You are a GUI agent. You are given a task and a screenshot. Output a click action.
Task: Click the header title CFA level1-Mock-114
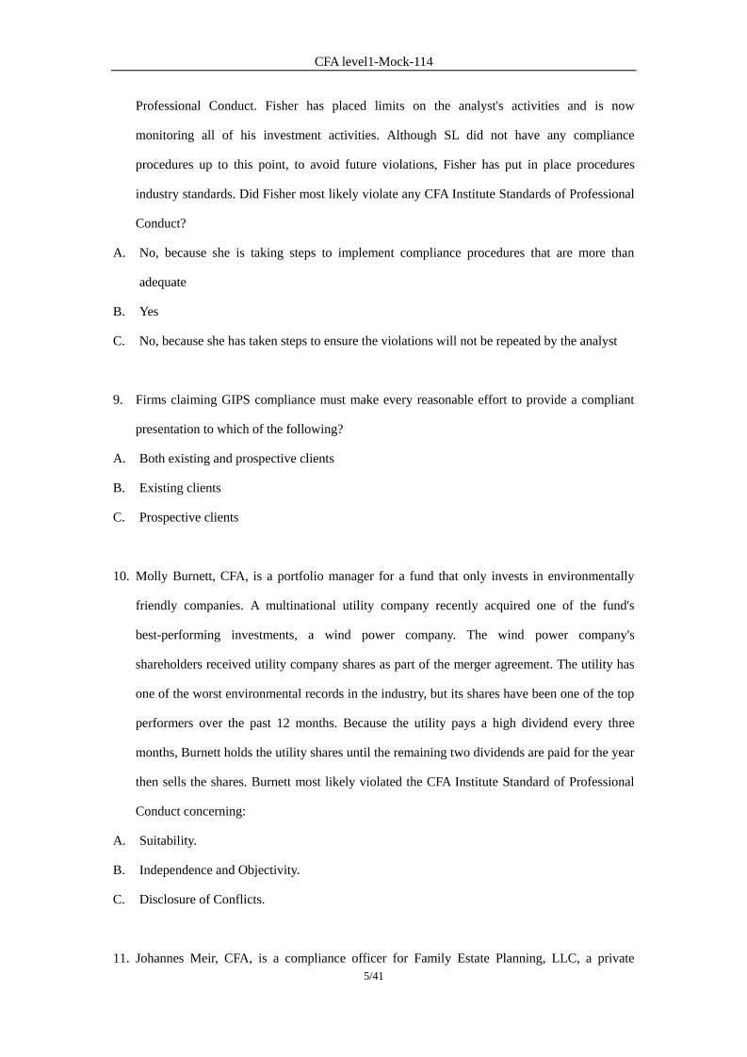point(373,61)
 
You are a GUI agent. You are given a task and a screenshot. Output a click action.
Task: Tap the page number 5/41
point(373,977)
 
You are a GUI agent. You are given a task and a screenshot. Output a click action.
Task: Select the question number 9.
point(118,399)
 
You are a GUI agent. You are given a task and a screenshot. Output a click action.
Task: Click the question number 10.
point(121,576)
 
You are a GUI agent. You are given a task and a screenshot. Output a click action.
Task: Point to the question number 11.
point(121,959)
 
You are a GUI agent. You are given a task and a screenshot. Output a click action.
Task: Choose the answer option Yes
point(149,311)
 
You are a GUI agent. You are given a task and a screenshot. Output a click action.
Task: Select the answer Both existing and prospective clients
point(236,459)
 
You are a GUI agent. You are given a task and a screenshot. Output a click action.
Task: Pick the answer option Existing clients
point(180,488)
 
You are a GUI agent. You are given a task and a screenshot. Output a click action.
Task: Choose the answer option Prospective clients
point(188,517)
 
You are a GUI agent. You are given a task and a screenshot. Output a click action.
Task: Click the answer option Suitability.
point(168,840)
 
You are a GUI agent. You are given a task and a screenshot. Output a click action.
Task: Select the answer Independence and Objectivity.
point(219,870)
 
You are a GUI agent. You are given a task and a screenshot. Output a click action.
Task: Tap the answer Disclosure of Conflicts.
point(202,899)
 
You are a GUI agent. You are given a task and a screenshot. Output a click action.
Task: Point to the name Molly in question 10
point(153,576)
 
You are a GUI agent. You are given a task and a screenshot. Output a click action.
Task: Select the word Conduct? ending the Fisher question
point(161,223)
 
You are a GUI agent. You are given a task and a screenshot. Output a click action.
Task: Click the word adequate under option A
point(163,282)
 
